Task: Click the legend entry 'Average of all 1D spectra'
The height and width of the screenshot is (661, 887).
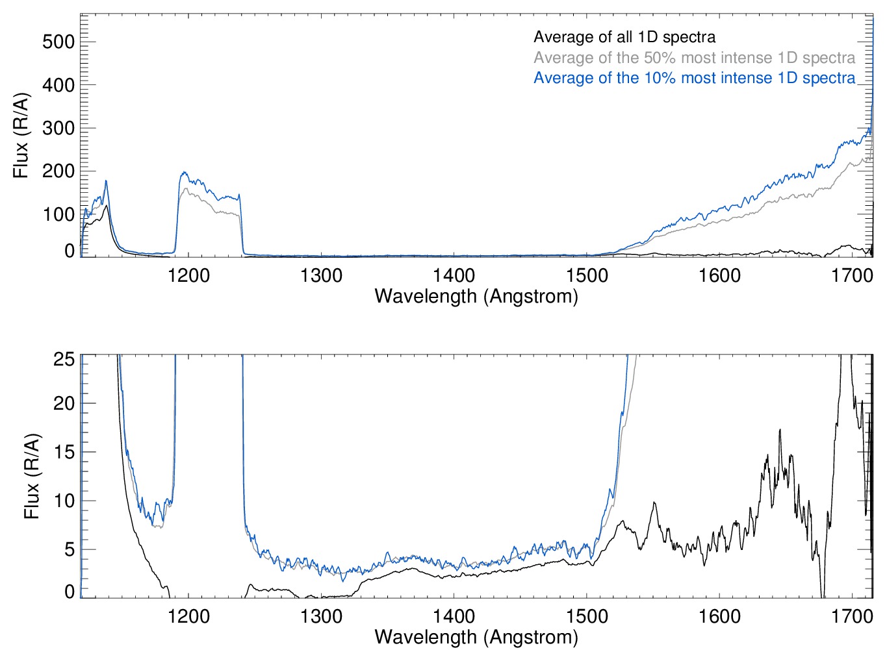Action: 624,37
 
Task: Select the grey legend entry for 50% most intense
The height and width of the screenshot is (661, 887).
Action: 694,58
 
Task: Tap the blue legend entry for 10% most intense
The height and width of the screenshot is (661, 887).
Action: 694,78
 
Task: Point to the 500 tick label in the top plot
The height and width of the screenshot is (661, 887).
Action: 58,42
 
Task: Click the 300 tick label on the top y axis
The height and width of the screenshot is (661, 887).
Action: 58,129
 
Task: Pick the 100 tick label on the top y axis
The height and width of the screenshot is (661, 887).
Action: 58,215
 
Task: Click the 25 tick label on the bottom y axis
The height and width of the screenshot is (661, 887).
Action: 64,359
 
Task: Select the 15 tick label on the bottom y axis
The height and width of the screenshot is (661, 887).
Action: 64,453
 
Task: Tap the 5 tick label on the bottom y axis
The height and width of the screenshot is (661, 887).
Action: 69,550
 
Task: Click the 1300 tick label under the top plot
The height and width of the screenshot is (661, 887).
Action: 321,276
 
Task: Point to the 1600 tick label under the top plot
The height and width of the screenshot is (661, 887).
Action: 719,276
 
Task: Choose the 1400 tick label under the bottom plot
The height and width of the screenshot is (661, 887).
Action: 454,616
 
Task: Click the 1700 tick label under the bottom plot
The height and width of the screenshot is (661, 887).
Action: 852,616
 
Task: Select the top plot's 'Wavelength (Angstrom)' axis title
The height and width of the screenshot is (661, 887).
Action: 476,297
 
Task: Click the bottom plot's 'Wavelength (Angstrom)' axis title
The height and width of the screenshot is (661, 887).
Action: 476,637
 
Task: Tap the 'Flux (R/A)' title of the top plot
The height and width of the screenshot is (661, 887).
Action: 21,136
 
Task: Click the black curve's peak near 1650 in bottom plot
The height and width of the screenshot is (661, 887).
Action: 780,430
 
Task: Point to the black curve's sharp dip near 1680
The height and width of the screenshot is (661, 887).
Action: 823,594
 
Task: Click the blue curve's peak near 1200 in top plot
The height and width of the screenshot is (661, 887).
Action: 184,172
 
